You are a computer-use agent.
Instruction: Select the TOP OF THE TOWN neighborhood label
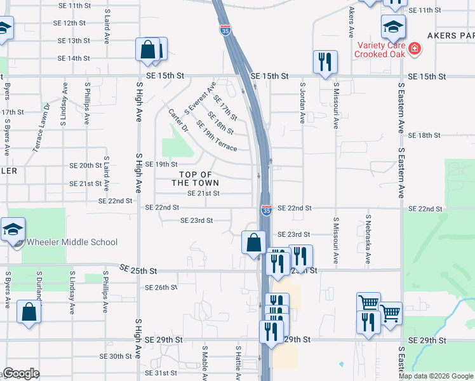[195, 178]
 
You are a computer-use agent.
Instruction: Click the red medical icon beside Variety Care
[415, 48]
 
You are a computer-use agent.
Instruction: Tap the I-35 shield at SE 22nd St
[267, 209]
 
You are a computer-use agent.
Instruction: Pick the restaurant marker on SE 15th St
[324, 62]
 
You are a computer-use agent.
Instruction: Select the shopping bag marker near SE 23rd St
[253, 243]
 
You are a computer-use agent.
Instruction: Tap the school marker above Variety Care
[393, 27]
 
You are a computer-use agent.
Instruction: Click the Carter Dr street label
[178, 120]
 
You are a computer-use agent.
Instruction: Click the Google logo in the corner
[20, 373]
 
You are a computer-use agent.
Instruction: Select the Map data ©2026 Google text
[436, 376]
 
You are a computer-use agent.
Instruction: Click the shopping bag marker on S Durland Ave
[29, 312]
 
